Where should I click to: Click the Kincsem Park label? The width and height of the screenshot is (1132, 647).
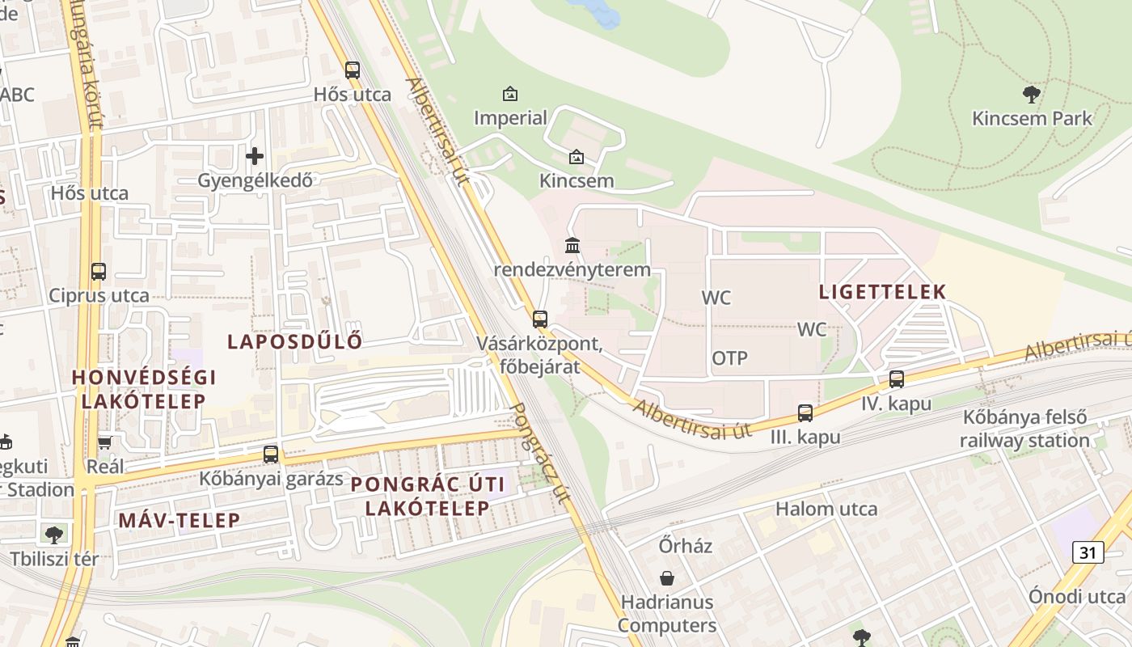tap(1032, 118)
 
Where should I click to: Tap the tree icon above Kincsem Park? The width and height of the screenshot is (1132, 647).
tap(1031, 95)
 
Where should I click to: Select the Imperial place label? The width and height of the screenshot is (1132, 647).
tap(510, 118)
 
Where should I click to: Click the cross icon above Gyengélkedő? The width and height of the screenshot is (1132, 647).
tap(255, 155)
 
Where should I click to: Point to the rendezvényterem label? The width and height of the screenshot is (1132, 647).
tap(572, 269)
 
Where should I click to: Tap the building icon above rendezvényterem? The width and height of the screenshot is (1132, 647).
tap(572, 244)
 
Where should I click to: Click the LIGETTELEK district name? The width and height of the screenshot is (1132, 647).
tap(882, 292)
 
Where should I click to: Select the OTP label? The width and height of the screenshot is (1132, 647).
tap(729, 357)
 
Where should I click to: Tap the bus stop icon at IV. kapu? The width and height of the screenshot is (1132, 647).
tap(896, 378)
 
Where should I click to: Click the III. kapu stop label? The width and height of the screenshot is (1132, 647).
tap(805, 437)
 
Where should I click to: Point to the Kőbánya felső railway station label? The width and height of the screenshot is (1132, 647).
tap(1024, 429)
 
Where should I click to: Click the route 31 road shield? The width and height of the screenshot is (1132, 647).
tap(1088, 552)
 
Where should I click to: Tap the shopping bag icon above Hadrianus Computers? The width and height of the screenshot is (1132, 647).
tap(667, 578)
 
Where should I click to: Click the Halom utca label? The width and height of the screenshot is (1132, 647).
tap(826, 509)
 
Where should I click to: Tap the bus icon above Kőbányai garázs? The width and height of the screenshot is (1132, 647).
tap(271, 455)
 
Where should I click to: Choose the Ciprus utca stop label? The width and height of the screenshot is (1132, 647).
tap(99, 295)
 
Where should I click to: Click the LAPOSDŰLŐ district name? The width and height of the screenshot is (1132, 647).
tap(294, 341)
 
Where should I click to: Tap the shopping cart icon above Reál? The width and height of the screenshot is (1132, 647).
tap(104, 442)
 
